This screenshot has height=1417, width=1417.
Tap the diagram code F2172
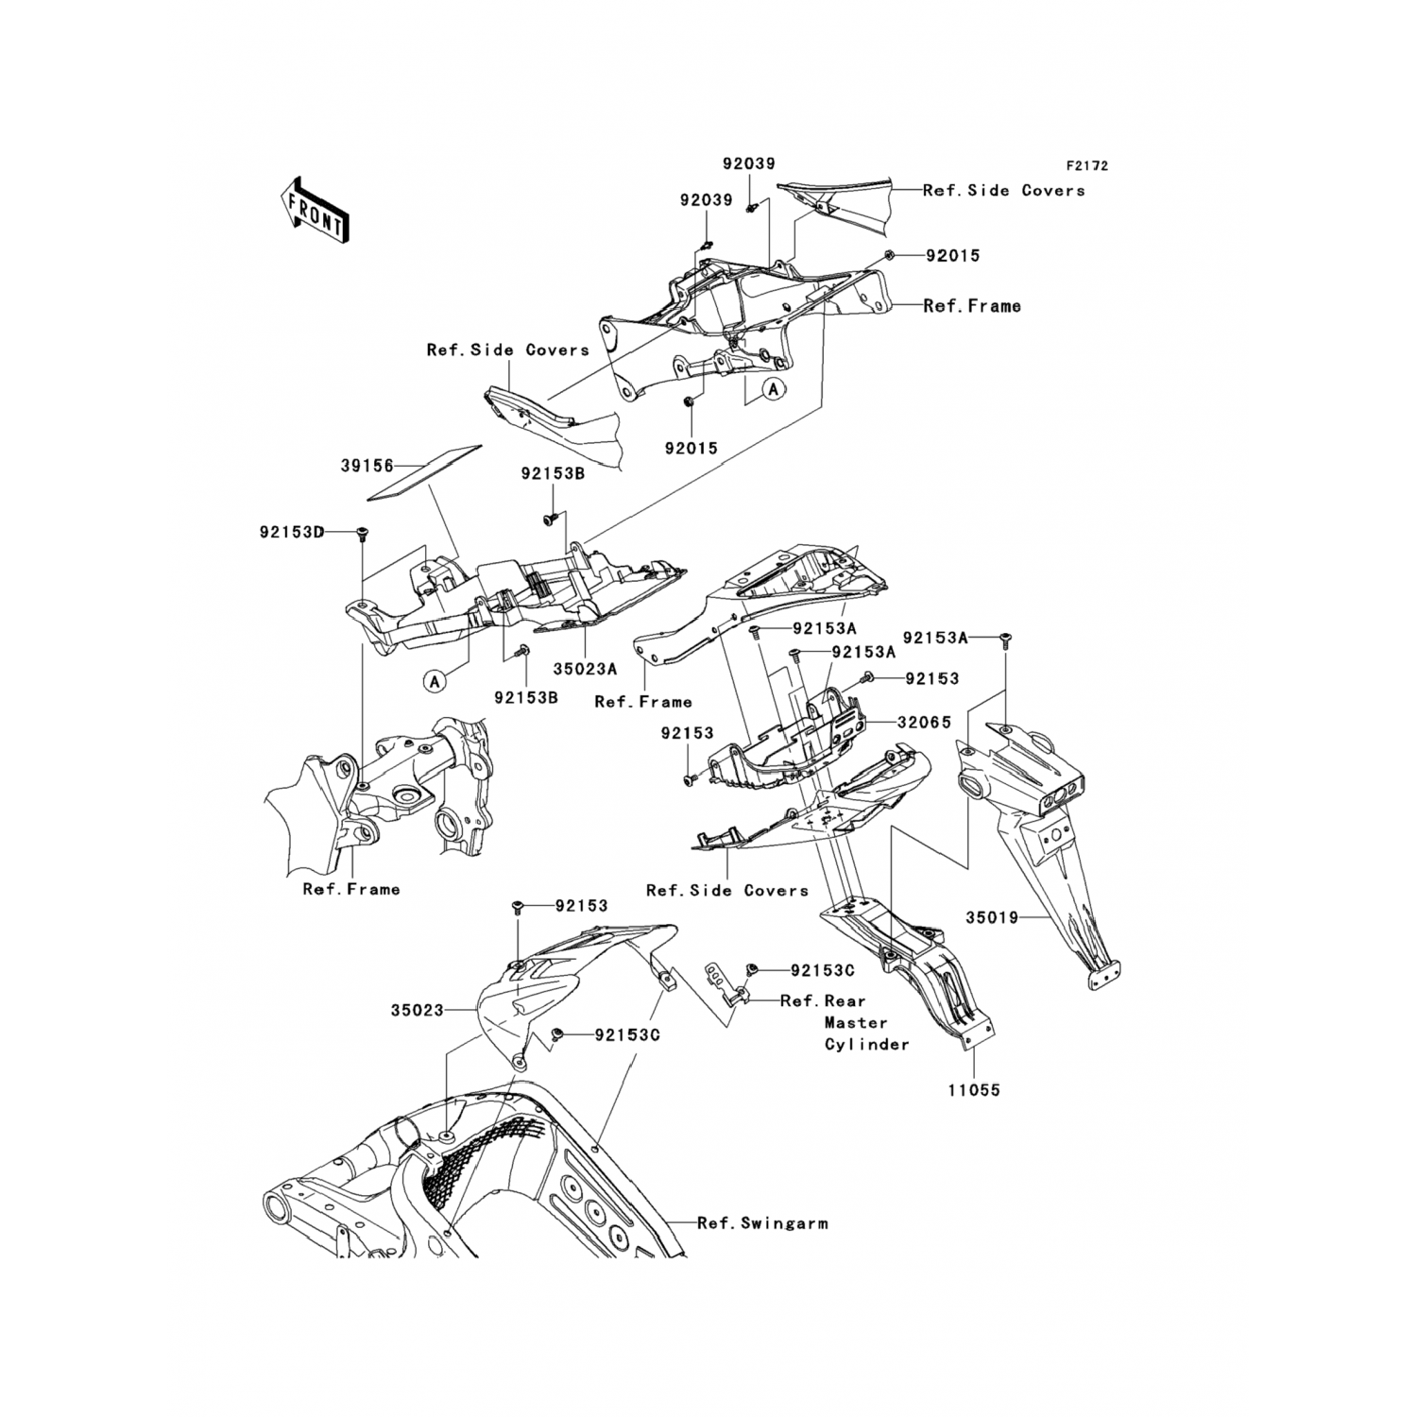point(1086,166)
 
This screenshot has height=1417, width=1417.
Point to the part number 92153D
point(292,533)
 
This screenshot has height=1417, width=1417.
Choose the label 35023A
point(585,669)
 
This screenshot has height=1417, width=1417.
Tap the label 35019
point(992,917)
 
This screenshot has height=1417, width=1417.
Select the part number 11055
point(974,1090)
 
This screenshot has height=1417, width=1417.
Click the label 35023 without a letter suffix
point(417,1010)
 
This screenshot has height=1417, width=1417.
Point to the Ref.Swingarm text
point(762,1223)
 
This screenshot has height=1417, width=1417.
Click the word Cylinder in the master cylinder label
point(866,1044)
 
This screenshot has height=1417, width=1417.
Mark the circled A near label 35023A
point(434,680)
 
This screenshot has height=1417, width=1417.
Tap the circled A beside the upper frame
point(774,388)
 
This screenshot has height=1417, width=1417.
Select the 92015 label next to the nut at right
point(952,256)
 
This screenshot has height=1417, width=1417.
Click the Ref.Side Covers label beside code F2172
point(1003,191)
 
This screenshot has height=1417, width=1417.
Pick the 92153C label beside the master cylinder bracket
point(823,970)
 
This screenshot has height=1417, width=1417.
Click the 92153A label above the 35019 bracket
point(935,638)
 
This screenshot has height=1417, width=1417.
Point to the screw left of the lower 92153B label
point(519,651)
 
